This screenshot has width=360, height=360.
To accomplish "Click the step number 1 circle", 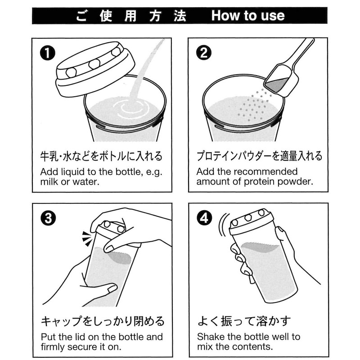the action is [x=48, y=53].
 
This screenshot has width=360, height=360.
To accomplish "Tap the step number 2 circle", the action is [x=204, y=53].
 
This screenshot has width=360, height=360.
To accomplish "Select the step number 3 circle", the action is [x=48, y=218].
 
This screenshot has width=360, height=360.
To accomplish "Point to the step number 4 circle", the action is [x=204, y=218].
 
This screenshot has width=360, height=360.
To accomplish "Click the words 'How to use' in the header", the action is [x=248, y=16].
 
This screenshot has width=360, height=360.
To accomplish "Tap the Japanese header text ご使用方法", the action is [x=131, y=16].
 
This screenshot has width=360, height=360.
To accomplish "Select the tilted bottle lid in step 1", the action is [x=95, y=69].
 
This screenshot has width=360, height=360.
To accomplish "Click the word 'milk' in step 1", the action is [x=49, y=182].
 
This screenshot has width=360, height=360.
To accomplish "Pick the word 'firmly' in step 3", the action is [x=53, y=347].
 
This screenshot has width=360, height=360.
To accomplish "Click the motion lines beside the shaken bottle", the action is [x=223, y=225].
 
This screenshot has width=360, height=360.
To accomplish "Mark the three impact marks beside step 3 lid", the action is [x=87, y=239].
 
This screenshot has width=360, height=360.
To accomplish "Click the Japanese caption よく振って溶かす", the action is [x=244, y=321].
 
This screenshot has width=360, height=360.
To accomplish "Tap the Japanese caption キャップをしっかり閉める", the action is [x=103, y=321].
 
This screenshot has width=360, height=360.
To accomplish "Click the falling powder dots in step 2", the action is [x=252, y=106].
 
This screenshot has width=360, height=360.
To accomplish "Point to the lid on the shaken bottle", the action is [x=252, y=221].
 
